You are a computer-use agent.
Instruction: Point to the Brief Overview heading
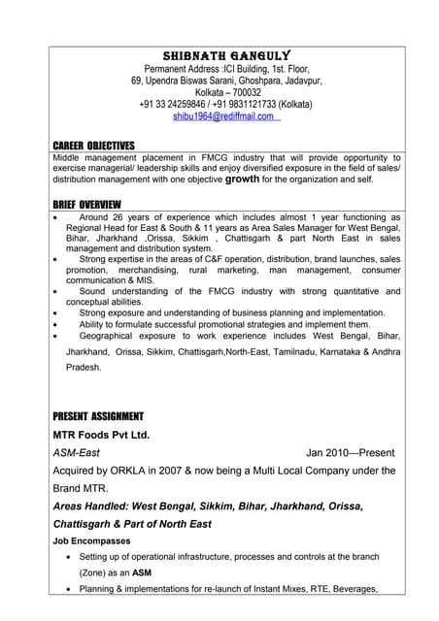[x=86, y=204]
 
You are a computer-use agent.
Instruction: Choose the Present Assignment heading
[x=98, y=416]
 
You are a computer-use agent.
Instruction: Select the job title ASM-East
[x=76, y=453]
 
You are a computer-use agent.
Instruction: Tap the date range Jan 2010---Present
[x=350, y=453]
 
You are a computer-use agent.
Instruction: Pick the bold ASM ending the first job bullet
[x=142, y=573]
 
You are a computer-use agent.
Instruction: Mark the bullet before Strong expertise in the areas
[x=58, y=260]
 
